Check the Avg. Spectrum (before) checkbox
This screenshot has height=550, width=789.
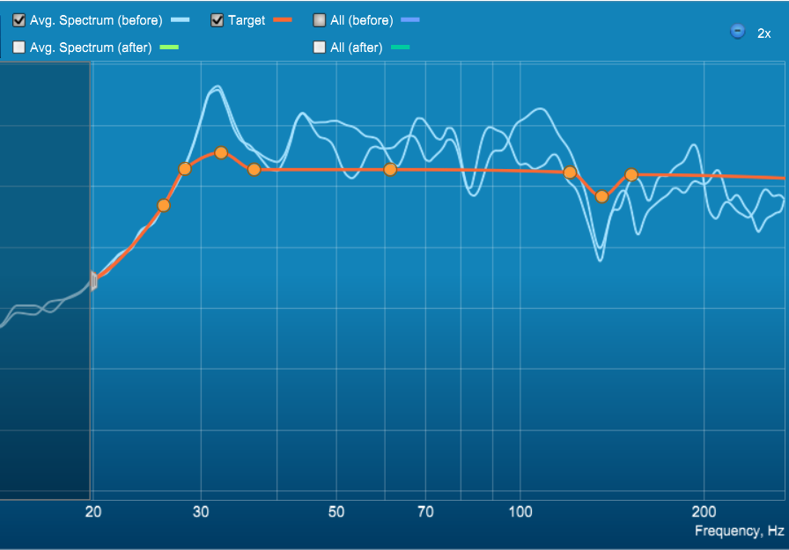tap(19, 20)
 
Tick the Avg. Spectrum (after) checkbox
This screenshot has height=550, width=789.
tap(19, 48)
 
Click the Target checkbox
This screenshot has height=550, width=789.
tap(218, 20)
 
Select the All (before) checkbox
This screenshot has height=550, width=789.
tap(320, 20)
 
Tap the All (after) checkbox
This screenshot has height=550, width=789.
tap(320, 48)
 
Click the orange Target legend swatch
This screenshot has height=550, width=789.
tap(283, 20)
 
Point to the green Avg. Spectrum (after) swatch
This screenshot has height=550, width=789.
tap(169, 48)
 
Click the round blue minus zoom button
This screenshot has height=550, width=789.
tap(738, 31)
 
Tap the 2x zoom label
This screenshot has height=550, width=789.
tap(763, 33)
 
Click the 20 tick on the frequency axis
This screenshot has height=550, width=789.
tap(93, 512)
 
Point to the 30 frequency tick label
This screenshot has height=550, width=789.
tap(201, 512)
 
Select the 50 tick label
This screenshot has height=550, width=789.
tap(336, 512)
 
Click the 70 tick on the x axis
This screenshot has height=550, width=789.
tap(425, 512)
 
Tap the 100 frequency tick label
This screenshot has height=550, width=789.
tap(520, 512)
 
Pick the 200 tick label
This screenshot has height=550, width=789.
tap(704, 512)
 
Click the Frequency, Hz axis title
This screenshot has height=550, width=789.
tap(739, 531)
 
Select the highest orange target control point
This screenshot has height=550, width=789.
tap(221, 152)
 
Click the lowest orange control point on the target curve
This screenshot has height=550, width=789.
tap(164, 205)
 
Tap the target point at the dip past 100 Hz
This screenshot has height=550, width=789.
tap(601, 196)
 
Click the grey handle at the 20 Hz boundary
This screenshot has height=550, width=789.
tap(93, 281)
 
